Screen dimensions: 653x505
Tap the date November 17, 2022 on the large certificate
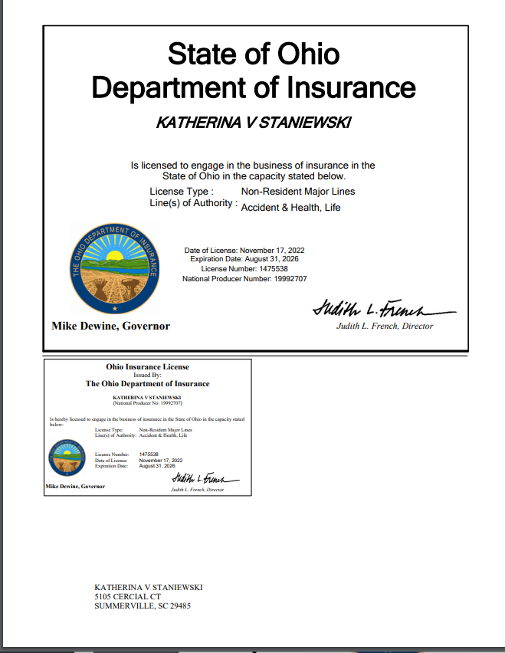point(273,250)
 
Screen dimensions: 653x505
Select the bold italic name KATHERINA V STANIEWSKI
point(254,123)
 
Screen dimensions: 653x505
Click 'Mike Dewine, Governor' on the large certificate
point(110,326)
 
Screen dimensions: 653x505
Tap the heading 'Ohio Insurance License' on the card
point(147,367)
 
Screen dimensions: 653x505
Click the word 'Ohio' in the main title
point(307,54)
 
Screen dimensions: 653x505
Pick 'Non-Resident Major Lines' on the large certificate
point(298,191)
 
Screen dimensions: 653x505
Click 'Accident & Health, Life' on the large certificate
point(290,207)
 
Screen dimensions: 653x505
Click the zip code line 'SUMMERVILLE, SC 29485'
point(142,605)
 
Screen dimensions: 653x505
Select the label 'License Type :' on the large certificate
point(182,191)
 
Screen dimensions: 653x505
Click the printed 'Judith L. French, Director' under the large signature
point(385,326)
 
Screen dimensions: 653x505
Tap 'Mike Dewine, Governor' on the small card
point(75,486)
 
